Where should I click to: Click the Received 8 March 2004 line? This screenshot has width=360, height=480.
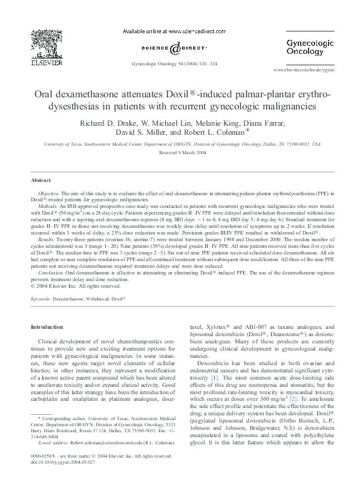(180, 154)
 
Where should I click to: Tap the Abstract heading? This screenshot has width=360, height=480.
(41, 180)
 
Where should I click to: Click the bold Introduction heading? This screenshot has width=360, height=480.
(51, 327)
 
